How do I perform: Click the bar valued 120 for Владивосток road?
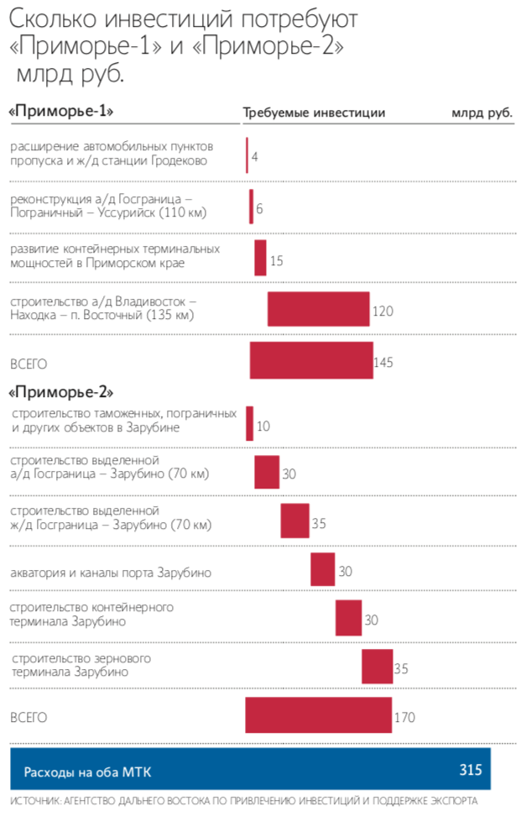318,309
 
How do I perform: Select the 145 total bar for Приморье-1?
311,361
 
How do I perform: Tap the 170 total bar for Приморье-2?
318,715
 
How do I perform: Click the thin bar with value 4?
247,155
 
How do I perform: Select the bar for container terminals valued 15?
260,258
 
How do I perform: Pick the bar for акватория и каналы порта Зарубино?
322,569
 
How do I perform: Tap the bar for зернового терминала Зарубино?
377,667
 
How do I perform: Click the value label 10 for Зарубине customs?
263,426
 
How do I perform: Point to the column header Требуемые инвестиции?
314,112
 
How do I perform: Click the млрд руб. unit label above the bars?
482,112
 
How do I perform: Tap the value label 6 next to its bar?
260,208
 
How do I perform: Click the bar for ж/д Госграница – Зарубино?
294,520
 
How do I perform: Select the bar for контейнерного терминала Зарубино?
348,618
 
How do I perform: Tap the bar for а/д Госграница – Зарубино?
267,472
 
